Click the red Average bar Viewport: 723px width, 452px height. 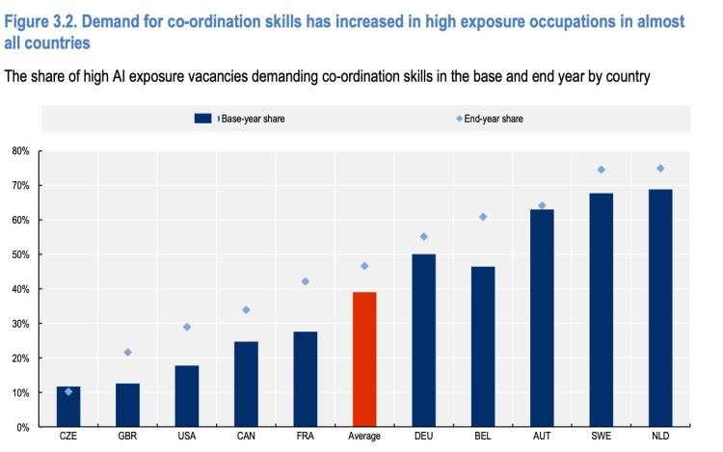[363, 359]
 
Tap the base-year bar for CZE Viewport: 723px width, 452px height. [68, 407]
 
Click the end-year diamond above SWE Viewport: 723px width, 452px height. [601, 170]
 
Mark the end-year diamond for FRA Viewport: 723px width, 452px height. [305, 281]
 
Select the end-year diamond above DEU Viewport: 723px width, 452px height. [423, 237]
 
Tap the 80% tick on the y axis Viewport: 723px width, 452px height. [20, 151]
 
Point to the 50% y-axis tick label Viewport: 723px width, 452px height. [20, 254]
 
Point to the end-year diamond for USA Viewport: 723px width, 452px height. [186, 327]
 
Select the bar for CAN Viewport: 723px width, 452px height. [246, 384]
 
